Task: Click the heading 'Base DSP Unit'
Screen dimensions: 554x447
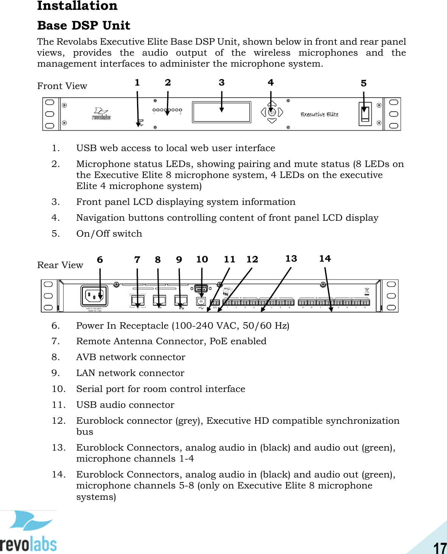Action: point(84,25)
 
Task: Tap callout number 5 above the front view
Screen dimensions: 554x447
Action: point(363,83)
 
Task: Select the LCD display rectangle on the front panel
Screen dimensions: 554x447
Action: point(221,112)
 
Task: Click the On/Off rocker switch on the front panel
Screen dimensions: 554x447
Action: point(365,114)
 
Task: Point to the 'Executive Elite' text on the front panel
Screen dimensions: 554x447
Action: point(319,114)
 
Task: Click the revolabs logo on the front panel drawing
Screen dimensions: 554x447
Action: point(101,114)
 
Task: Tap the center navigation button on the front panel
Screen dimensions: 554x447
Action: point(272,112)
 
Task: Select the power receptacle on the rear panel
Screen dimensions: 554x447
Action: point(94,295)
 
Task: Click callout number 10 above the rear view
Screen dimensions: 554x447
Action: point(202,259)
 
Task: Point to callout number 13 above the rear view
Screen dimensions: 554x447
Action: point(291,259)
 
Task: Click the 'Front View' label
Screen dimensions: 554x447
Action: point(62,86)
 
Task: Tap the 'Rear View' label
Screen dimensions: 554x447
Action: point(60,265)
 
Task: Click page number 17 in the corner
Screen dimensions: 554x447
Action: point(440,548)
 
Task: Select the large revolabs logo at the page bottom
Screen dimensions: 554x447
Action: point(28,532)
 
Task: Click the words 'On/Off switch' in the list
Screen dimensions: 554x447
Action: point(109,234)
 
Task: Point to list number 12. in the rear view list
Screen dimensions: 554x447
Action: point(59,421)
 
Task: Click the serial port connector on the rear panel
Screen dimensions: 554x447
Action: point(201,289)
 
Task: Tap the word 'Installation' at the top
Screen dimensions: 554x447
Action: point(77,6)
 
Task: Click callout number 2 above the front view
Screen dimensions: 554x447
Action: point(168,83)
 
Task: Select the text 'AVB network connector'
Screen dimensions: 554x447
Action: point(131,357)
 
